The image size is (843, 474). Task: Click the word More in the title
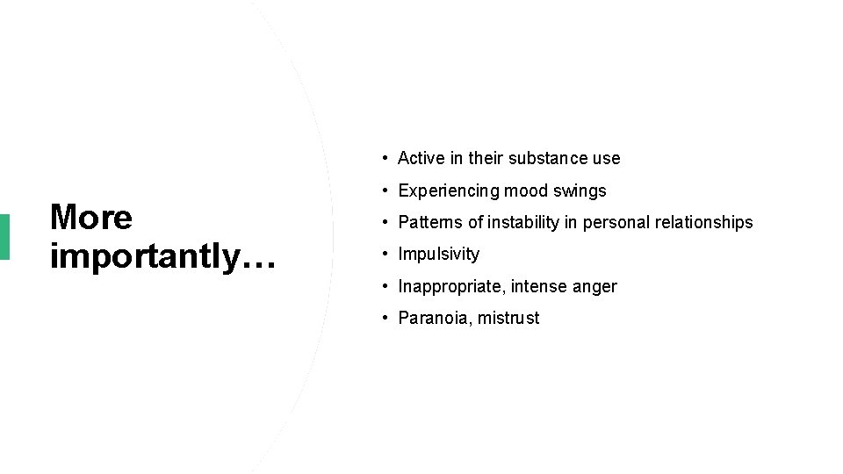click(91, 218)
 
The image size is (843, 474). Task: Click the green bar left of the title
click(4, 236)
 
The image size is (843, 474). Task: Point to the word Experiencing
click(448, 190)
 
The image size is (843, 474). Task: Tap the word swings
click(580, 190)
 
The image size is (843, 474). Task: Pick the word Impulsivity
click(439, 255)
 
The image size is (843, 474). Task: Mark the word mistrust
click(508, 318)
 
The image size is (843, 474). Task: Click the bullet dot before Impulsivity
click(385, 255)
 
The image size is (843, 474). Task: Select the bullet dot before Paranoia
click(385, 318)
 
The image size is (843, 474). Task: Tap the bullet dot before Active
click(385, 159)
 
